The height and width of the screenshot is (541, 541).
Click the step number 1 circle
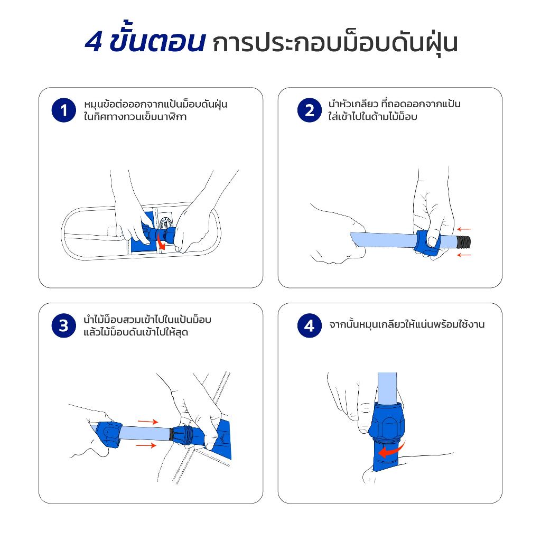tap(63, 110)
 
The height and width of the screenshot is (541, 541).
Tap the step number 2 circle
tap(310, 110)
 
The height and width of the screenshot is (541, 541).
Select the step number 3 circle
tap(63, 325)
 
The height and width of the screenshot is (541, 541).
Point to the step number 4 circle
tap(310, 325)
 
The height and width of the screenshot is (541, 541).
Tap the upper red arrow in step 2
tap(464, 229)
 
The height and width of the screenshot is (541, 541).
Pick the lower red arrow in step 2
tap(464, 255)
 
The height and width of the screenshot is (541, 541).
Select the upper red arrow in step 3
tap(148, 422)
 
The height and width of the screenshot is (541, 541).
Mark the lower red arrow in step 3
tap(146, 445)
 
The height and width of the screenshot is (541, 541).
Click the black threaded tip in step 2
tap(464, 242)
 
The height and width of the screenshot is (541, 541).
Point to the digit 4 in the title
tap(94, 42)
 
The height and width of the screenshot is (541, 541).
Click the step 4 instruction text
tap(407, 325)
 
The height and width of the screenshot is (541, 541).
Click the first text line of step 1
tap(156, 104)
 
